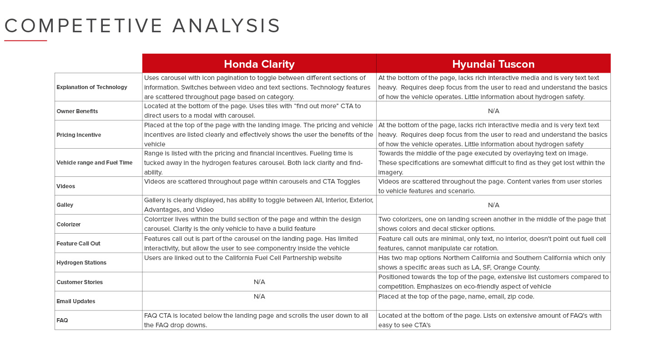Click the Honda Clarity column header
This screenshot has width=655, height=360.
[259, 64]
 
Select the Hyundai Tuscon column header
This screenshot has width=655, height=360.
[493, 64]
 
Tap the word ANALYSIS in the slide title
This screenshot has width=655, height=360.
[226, 26]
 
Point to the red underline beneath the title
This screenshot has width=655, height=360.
[25, 41]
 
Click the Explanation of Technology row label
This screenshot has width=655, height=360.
[92, 87]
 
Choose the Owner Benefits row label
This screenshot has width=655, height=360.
[77, 111]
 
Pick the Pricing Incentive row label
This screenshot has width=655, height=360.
[79, 135]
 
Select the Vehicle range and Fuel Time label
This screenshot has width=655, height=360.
[95, 163]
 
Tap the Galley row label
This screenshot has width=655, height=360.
[65, 205]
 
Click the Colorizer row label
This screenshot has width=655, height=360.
[69, 225]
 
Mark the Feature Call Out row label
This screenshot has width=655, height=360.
[79, 244]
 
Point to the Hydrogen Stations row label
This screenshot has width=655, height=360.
[81, 263]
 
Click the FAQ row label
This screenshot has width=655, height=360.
[62, 320]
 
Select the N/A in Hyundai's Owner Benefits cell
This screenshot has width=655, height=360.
[494, 111]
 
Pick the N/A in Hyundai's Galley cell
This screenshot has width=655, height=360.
[494, 205]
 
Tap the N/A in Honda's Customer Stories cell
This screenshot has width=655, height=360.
[259, 282]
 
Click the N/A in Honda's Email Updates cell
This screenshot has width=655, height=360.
[259, 296]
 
